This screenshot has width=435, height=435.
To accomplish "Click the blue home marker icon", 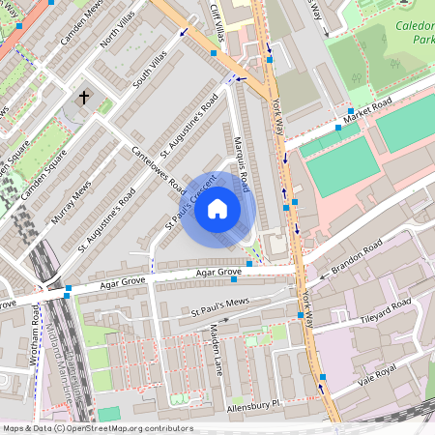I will (x=217, y=209).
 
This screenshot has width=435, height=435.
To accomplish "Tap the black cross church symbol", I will (x=84, y=98).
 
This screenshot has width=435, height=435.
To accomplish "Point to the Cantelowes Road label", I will (x=158, y=167).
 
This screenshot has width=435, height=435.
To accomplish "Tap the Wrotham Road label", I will (x=36, y=338).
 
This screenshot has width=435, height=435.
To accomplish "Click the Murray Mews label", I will (x=72, y=201).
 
